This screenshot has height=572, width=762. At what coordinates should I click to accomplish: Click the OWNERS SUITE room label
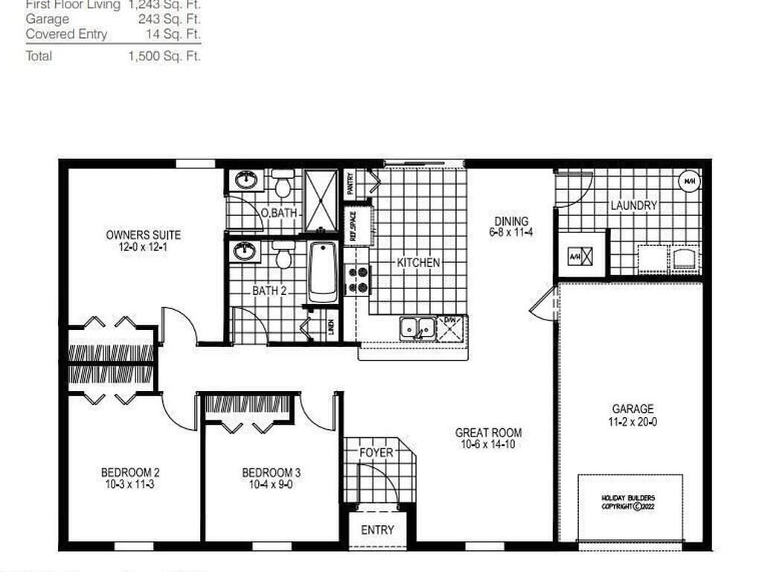click(143, 235)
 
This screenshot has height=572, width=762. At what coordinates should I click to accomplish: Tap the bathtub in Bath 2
click(322, 271)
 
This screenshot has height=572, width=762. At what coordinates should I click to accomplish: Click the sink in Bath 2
click(245, 251)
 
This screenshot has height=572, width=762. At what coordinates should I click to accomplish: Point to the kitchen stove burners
click(358, 280)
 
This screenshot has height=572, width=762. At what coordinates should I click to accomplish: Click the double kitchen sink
click(417, 327)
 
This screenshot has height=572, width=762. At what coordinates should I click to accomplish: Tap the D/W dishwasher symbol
click(450, 328)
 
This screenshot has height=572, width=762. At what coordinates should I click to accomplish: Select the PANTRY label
click(350, 183)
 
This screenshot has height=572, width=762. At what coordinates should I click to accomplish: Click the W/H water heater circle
click(688, 180)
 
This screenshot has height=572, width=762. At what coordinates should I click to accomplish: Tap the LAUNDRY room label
click(633, 206)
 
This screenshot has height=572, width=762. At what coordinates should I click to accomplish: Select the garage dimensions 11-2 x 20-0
click(633, 422)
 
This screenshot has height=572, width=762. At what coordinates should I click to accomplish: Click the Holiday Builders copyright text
click(630, 502)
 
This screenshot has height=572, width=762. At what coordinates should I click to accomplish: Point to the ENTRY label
click(377, 530)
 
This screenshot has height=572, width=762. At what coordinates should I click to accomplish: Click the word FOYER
click(376, 452)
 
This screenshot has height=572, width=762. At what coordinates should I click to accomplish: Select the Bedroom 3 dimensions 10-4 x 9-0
click(271, 485)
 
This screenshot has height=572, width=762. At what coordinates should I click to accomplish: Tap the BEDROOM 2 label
click(130, 472)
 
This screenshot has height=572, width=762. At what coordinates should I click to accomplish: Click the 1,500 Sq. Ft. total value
click(164, 56)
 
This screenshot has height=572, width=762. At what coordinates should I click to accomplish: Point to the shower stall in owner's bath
click(321, 200)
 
